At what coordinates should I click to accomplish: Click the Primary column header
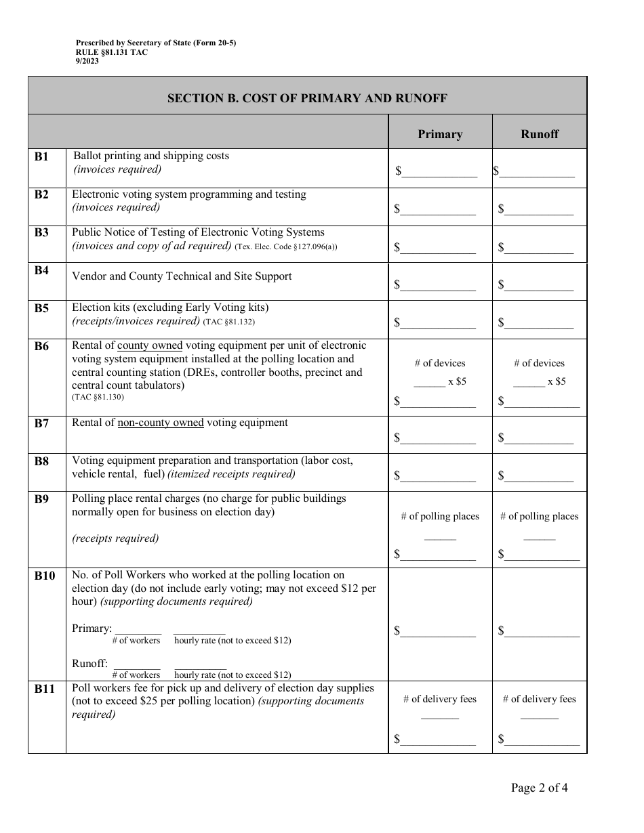(x=440, y=134)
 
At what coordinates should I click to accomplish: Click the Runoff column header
(x=540, y=134)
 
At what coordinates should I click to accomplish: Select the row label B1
(x=42, y=157)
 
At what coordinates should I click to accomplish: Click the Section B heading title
(x=307, y=98)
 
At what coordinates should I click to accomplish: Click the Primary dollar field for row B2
(x=438, y=209)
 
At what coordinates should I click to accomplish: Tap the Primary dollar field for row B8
(x=438, y=475)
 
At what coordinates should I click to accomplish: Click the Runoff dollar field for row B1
(x=537, y=171)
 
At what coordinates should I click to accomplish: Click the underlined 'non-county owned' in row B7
(x=161, y=423)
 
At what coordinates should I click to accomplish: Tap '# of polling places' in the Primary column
(x=440, y=516)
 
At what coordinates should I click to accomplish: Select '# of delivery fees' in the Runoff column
(x=540, y=699)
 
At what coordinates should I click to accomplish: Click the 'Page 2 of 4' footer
(x=540, y=787)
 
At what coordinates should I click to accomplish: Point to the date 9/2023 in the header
(x=87, y=61)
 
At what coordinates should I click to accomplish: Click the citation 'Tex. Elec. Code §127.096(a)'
(x=286, y=247)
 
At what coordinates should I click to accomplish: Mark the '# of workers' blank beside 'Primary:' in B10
(x=138, y=628)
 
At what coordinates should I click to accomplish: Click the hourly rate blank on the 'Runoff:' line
(x=200, y=664)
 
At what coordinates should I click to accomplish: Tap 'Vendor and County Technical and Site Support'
(x=182, y=276)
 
